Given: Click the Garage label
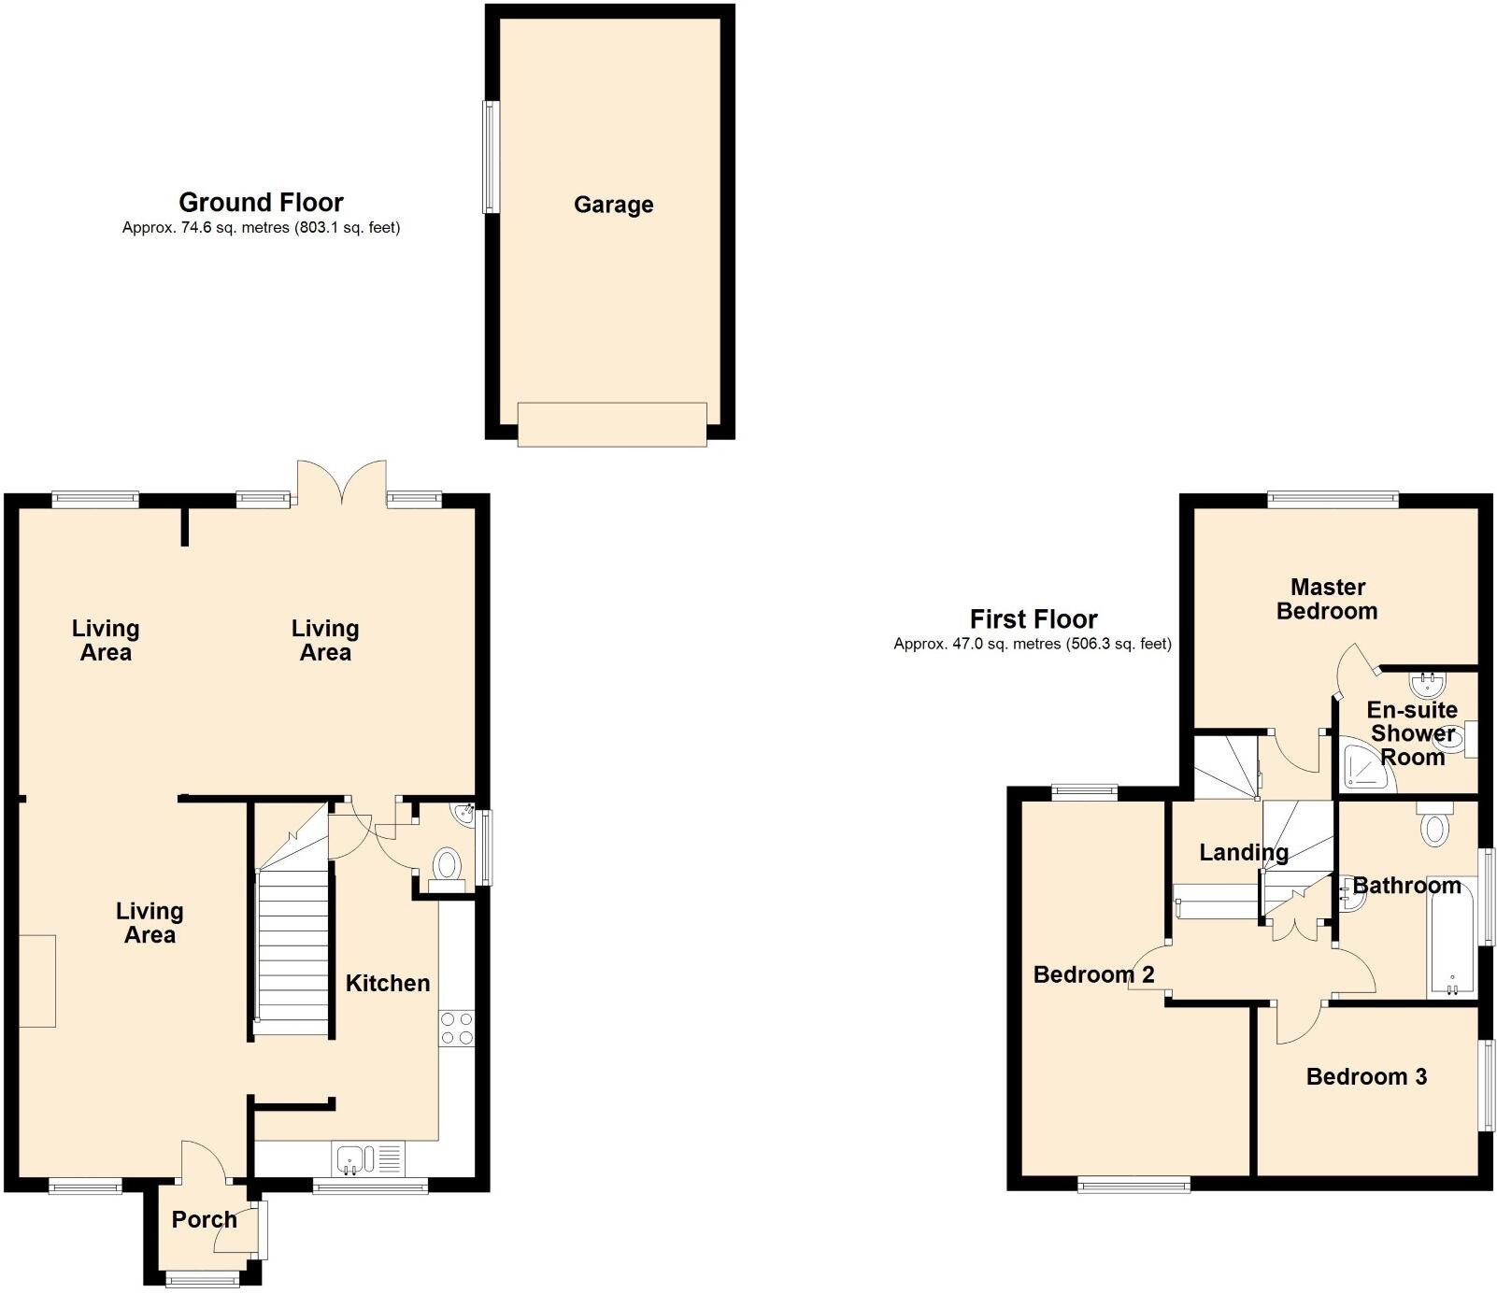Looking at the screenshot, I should point(613,205).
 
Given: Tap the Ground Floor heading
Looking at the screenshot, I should point(261,203).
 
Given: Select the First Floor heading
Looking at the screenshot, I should point(1033,619).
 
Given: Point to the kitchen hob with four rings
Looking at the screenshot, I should point(456,1029).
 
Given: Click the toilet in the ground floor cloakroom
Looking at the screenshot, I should point(448,865).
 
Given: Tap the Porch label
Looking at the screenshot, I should point(204,1219).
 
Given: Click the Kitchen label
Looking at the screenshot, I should point(388,983).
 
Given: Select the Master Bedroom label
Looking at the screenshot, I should point(1327,599).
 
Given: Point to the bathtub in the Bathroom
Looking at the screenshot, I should point(1451,934).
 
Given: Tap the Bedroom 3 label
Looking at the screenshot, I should point(1366,1077).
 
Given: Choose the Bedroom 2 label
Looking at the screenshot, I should point(1093,974).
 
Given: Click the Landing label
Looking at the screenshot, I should point(1243,852).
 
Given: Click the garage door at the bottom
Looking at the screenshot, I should point(612,424).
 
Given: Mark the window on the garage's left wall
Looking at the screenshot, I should point(491,157).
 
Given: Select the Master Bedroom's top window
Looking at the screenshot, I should point(1333,500).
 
